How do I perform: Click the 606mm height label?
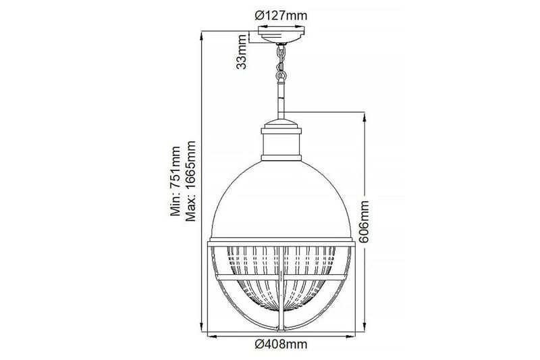click(x=365, y=221)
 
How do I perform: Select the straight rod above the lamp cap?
click(x=281, y=98)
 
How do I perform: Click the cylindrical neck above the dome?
click(x=281, y=142)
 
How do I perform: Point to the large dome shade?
click(x=281, y=196)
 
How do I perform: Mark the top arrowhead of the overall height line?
click(x=204, y=34)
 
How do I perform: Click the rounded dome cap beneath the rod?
click(x=281, y=124)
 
